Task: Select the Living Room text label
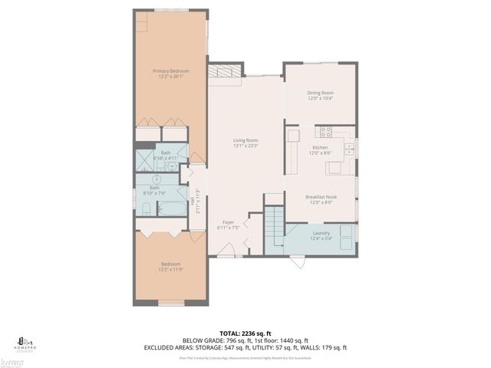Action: coord(246,140)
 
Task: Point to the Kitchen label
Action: coord(320,147)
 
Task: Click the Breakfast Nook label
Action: coord(321,197)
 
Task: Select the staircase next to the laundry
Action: coord(274,227)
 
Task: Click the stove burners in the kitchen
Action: coord(325,131)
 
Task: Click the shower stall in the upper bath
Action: coord(145,159)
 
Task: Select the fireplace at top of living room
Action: coord(225,71)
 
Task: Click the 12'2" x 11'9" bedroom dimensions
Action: coord(170,269)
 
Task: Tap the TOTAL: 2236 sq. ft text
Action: coord(245,333)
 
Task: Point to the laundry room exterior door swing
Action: coord(296,261)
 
